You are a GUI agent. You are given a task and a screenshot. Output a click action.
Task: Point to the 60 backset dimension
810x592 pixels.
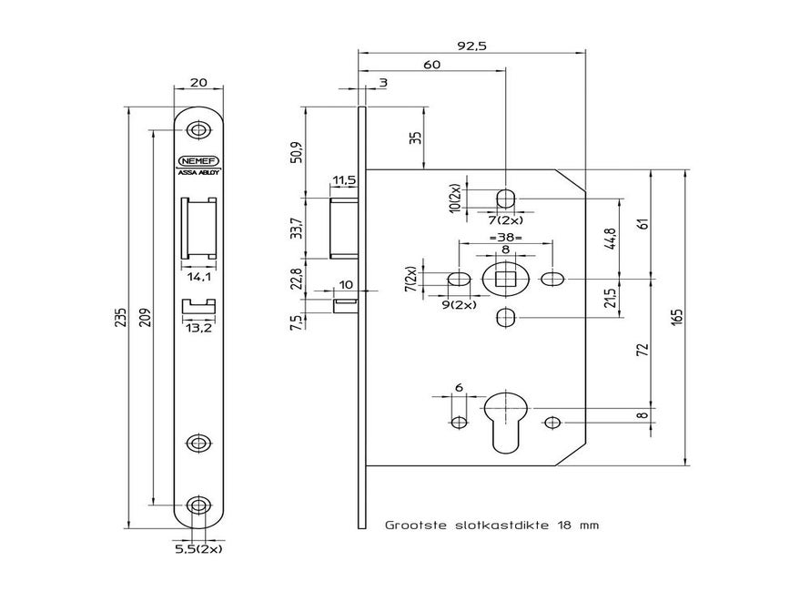tap(431, 65)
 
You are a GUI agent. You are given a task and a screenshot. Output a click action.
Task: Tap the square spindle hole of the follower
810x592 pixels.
tap(505, 278)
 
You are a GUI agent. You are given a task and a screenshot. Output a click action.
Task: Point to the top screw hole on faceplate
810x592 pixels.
tap(197, 130)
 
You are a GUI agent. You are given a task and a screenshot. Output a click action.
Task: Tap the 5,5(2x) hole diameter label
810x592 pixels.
tap(198, 550)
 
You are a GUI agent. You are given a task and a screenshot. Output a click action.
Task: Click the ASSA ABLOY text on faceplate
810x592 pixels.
tap(197, 170)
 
